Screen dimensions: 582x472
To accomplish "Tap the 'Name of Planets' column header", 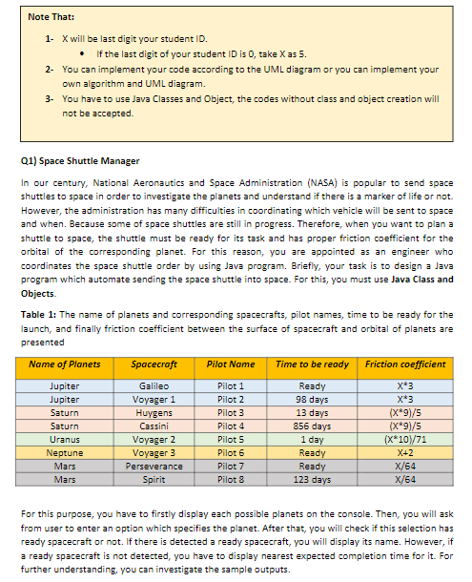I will [x=65, y=364].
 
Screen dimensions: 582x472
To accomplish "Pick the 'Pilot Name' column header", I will [x=230, y=364].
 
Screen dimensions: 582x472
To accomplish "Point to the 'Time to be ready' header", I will [x=312, y=364].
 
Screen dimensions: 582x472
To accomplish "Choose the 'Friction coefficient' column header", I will [x=404, y=364].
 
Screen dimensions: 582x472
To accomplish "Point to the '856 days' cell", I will [x=312, y=425].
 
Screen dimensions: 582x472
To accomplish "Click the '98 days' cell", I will [x=312, y=398].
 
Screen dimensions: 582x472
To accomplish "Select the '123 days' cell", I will [x=312, y=480].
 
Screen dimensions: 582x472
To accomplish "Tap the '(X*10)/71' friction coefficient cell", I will [x=404, y=439].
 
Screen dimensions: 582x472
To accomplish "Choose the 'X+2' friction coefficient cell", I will [x=404, y=452].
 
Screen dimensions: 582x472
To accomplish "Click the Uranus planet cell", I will [x=65, y=439].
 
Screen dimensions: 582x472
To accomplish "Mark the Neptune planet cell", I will [x=65, y=452].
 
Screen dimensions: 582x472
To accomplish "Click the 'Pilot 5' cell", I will [x=230, y=439].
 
